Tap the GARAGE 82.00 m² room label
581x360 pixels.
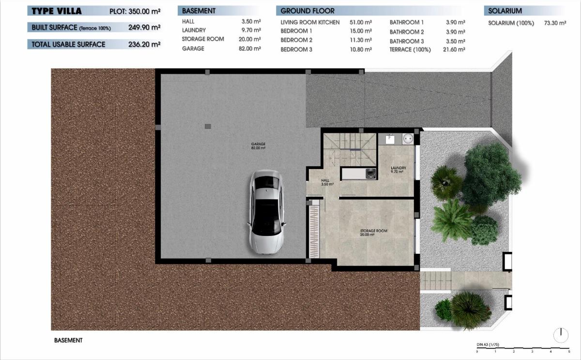pyautogui.click(x=258, y=146)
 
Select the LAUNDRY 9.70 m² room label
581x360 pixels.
pyautogui.click(x=398, y=170)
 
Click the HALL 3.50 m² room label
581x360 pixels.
pyautogui.click(x=325, y=182)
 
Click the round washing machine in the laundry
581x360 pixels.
pyautogui.click(x=408, y=139)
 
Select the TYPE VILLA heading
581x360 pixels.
pyautogui.click(x=57, y=11)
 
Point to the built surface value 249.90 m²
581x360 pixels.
pyautogui.click(x=144, y=28)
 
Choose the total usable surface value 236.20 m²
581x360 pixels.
pyautogui.click(x=144, y=45)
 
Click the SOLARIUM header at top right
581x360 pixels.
pyautogui.click(x=505, y=11)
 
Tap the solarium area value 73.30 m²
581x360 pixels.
pyautogui.click(x=555, y=23)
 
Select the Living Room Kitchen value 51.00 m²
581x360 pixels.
pyautogui.click(x=361, y=22)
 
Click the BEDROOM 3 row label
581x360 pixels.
pyautogui.click(x=296, y=49)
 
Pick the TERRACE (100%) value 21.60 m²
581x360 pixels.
pyautogui.click(x=455, y=49)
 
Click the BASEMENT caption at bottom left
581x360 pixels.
pyautogui.click(x=68, y=341)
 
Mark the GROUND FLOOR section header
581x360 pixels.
pyautogui.click(x=307, y=11)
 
